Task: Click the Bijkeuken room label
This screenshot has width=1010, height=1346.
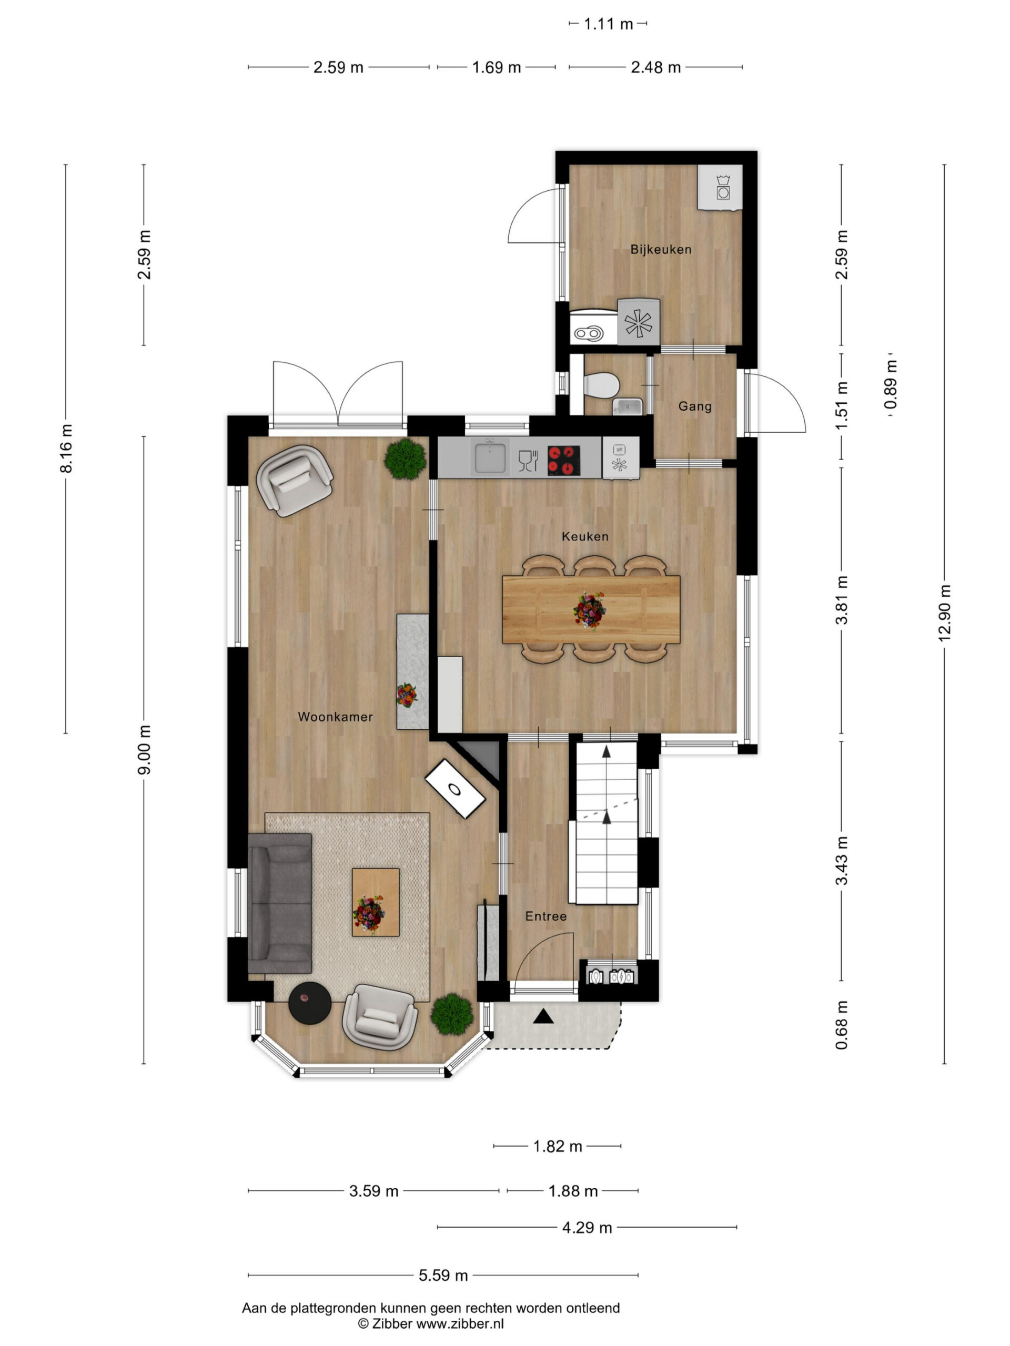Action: (661, 250)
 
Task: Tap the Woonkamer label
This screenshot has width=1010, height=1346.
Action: (336, 717)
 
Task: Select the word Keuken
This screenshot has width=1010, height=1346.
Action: (585, 536)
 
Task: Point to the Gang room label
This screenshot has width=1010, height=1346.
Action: (695, 406)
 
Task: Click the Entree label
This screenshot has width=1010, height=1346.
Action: (546, 916)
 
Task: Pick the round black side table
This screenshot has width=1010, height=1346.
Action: (310, 1003)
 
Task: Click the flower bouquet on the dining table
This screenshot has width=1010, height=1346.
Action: (590, 611)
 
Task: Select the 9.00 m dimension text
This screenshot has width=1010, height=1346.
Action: (144, 750)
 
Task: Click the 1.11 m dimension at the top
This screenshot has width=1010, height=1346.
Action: (609, 24)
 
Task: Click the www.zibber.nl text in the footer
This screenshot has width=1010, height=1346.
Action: (460, 1323)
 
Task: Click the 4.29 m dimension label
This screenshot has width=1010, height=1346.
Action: (587, 1227)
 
